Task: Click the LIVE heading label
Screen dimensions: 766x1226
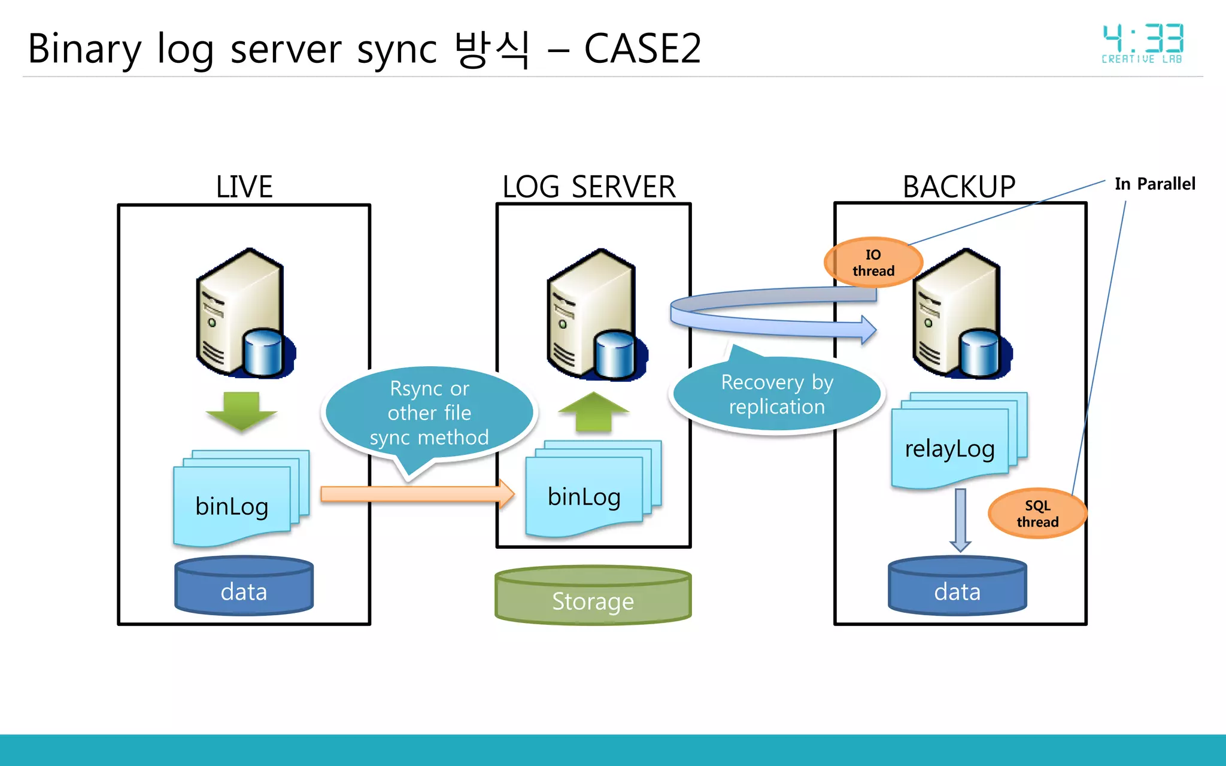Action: [244, 187]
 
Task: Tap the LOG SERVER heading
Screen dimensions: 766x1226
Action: [589, 187]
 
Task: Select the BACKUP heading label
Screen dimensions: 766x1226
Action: [959, 187]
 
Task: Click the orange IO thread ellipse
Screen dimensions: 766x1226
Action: [873, 263]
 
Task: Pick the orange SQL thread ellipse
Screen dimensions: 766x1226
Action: [1037, 513]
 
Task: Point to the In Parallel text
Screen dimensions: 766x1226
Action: [1155, 184]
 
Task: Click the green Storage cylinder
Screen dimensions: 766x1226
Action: [593, 595]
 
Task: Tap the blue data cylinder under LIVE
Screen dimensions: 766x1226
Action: [244, 586]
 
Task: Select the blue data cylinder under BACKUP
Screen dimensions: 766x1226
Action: [957, 586]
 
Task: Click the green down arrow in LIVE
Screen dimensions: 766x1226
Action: [241, 411]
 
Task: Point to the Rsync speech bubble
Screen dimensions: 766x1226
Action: [429, 413]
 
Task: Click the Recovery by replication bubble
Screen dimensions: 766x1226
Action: [777, 394]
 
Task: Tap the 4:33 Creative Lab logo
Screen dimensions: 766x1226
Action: [1142, 44]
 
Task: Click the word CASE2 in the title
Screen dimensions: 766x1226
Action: [642, 48]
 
